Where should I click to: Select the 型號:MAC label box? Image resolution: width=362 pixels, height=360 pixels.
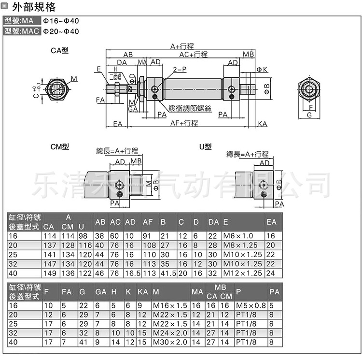tap(21, 31)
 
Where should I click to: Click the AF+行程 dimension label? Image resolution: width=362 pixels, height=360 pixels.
tap(184, 123)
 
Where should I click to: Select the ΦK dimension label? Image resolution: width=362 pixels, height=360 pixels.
tap(262, 70)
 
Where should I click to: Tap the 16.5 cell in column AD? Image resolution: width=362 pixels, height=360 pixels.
tap(132, 273)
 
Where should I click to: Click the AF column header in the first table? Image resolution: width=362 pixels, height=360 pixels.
tap(148, 222)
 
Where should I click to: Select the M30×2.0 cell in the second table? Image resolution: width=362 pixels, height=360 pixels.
tap(170, 342)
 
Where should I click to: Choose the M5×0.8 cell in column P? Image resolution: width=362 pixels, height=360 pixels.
tap(251, 305)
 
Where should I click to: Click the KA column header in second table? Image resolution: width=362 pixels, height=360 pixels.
tap(142, 291)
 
